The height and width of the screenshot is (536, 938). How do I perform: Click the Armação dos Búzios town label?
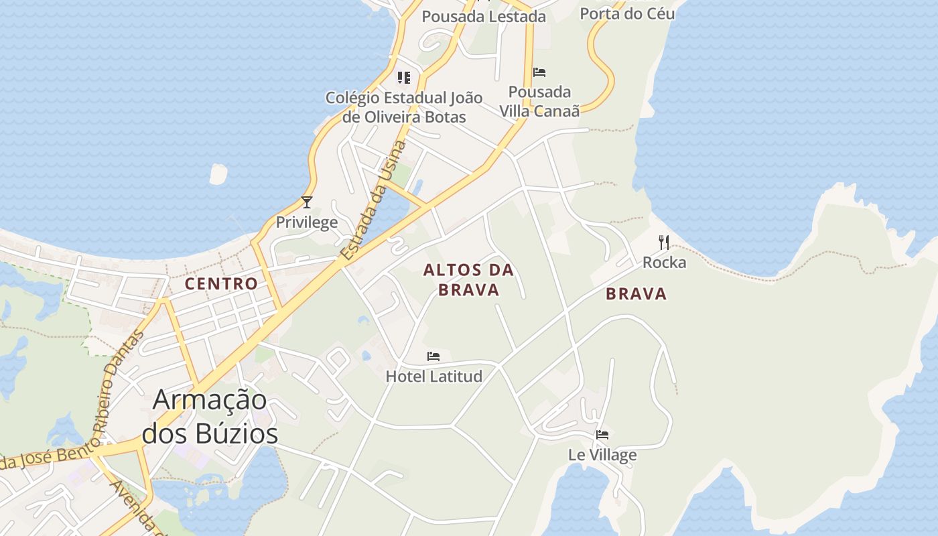(x=210, y=416)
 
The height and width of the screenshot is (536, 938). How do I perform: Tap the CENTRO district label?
(x=221, y=283)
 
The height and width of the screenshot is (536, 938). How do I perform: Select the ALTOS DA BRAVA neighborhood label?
(x=468, y=279)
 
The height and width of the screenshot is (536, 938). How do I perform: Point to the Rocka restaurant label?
(x=664, y=262)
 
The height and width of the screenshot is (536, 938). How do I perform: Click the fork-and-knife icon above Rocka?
(x=664, y=243)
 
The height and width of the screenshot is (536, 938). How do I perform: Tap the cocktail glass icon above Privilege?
(x=307, y=202)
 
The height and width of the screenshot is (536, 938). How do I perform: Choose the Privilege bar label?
(x=307, y=222)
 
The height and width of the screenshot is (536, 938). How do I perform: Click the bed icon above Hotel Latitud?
(x=433, y=356)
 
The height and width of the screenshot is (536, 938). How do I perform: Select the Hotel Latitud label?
(x=433, y=376)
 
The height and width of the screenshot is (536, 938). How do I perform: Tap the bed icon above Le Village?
(x=602, y=435)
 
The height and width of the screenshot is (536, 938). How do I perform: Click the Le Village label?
(x=602, y=455)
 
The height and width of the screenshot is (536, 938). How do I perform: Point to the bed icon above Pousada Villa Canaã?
(x=539, y=72)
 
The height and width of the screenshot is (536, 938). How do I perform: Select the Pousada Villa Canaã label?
(x=539, y=101)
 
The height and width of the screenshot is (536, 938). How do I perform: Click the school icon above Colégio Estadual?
(x=403, y=78)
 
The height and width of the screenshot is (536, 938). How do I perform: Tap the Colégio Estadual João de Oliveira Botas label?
(x=404, y=107)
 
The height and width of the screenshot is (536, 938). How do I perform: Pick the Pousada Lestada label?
(x=484, y=17)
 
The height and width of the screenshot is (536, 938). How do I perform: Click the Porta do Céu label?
(x=626, y=13)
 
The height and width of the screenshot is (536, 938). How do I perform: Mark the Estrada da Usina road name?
(x=373, y=200)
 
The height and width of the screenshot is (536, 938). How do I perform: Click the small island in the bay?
(x=218, y=174)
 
